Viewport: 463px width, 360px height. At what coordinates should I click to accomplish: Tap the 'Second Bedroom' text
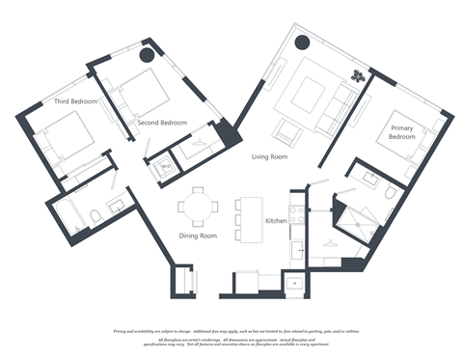pos(161,124)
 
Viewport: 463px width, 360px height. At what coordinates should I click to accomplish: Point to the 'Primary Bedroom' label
pos(402,131)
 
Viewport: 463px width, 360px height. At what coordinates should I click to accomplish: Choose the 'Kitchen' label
pos(277,221)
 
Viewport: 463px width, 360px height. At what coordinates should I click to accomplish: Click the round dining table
pos(200,206)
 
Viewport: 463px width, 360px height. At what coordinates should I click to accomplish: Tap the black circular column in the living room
pos(302,42)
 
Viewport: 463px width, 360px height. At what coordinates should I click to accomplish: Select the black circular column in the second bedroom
pos(148,55)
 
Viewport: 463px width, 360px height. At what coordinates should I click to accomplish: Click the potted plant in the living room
pos(359,74)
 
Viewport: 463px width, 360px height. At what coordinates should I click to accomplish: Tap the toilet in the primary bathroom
pos(390,193)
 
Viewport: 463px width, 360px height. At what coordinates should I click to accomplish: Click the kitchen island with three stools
pos(250,219)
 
